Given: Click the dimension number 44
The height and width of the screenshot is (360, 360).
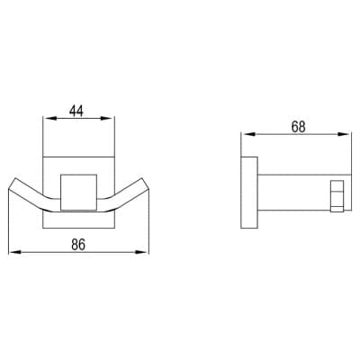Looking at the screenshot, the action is click(76, 111).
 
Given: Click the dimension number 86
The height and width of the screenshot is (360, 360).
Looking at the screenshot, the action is click(78, 245).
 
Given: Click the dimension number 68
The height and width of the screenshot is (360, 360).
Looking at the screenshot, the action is click(299, 127).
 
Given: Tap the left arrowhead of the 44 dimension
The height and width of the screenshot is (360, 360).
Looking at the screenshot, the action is click(49, 118).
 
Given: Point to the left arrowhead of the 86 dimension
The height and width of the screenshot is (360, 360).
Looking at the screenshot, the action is click(14, 252).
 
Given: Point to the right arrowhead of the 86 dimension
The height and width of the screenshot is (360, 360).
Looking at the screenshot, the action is click(142, 252).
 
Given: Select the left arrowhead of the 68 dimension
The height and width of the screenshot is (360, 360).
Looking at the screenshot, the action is click(247, 134).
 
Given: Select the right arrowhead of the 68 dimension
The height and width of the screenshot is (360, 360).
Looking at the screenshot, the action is click(344, 134).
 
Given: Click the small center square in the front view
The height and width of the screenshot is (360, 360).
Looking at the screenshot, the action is click(79, 192).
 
